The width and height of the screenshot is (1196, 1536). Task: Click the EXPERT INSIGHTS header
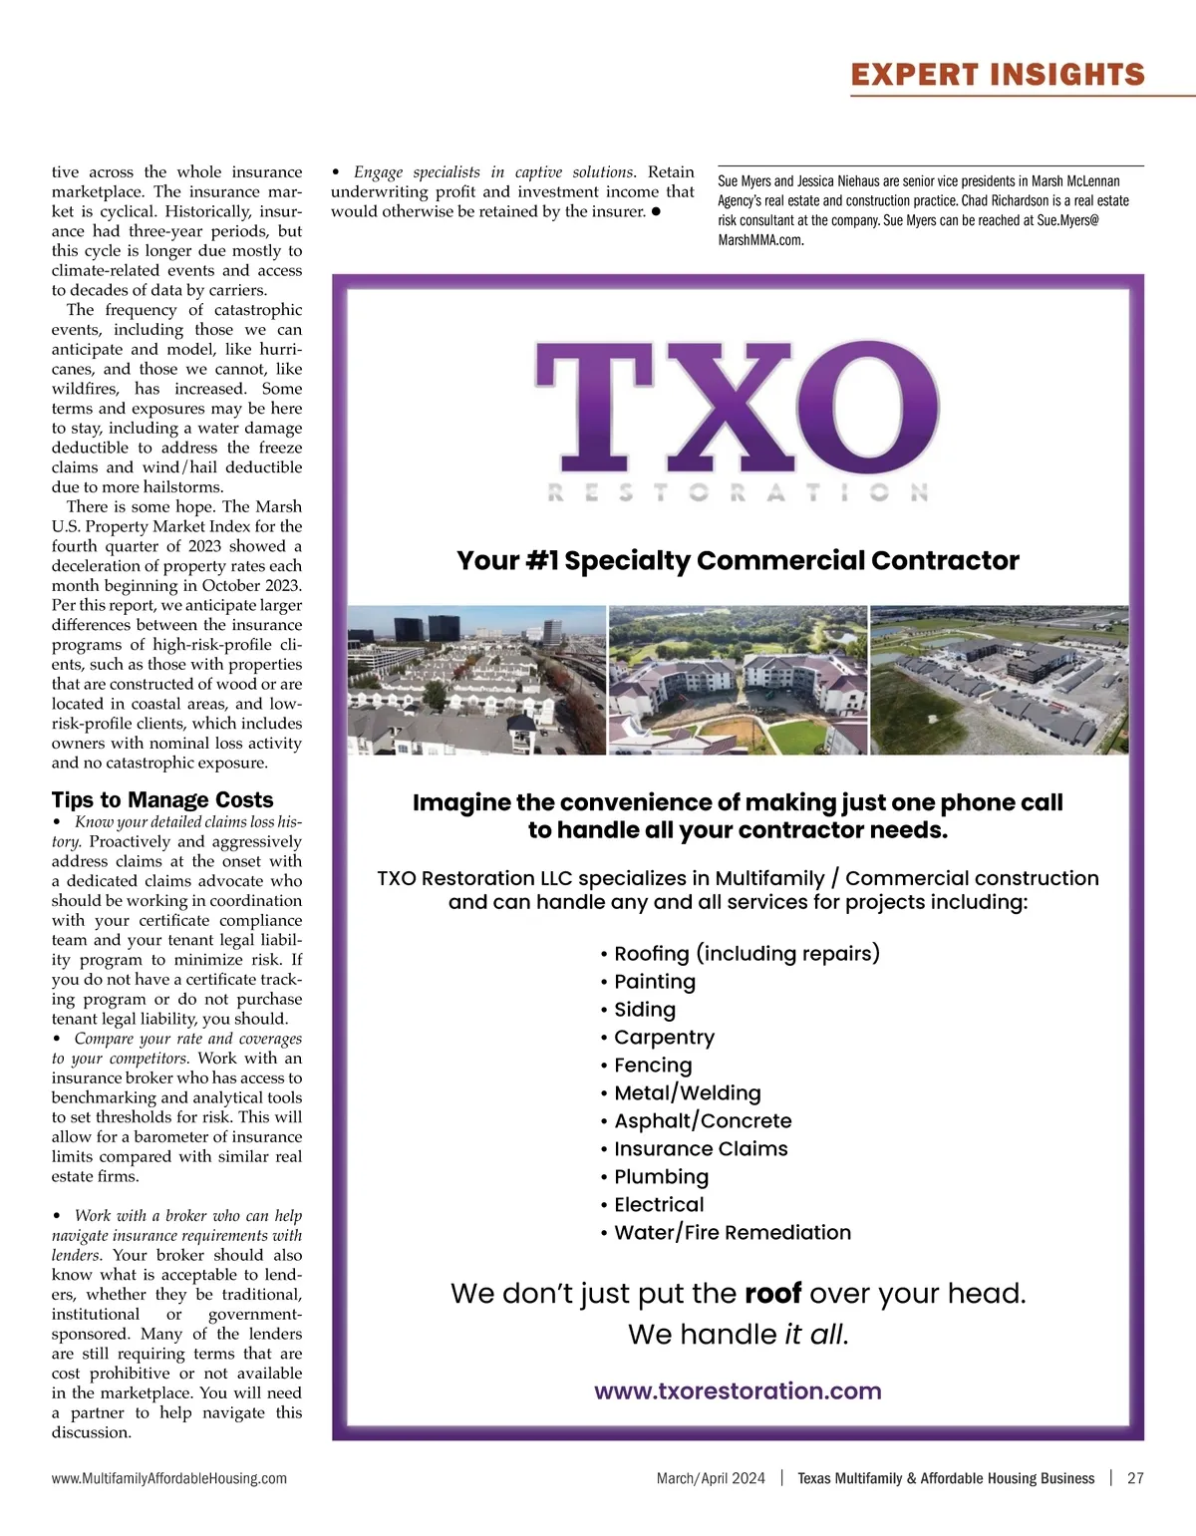coord(998,75)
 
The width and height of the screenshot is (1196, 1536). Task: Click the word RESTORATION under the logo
coord(738,492)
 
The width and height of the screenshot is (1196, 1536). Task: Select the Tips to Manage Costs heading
coord(162,799)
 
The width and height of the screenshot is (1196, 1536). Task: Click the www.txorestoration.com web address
coord(738,1390)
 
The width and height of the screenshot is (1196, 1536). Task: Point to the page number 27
coord(1135,1478)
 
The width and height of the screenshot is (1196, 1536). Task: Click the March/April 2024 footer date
coord(711,1478)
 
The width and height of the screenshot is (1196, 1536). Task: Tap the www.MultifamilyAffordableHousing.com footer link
coord(169,1478)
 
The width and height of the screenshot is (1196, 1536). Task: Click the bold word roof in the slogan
coord(772,1294)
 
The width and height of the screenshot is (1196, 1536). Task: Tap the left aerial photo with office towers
coord(476,680)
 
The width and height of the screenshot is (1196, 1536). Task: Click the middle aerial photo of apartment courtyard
coord(738,680)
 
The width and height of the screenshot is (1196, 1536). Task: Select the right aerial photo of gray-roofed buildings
coord(1000,680)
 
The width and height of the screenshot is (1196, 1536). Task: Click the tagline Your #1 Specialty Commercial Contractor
coord(738,560)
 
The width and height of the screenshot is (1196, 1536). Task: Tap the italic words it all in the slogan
coord(814,1335)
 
